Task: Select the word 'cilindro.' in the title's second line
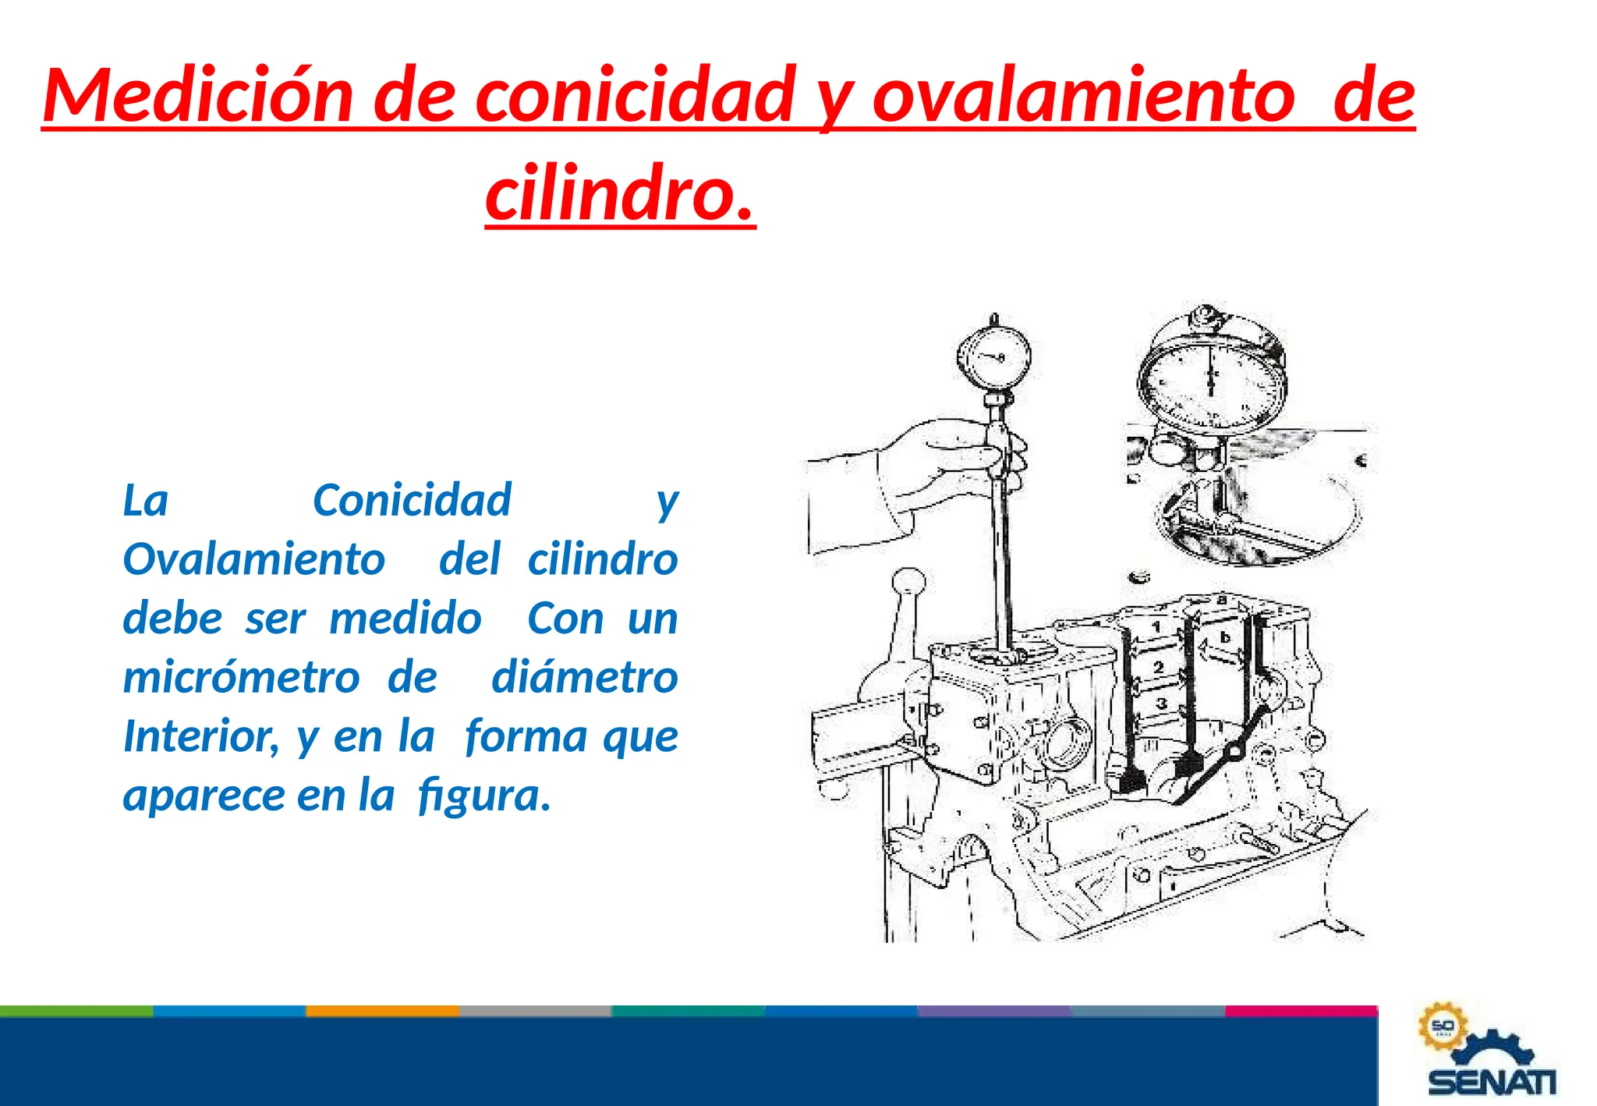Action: (620, 193)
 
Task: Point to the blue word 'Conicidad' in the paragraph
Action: (412, 500)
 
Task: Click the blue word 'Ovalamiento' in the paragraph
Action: (254, 559)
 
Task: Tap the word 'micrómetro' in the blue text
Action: (241, 676)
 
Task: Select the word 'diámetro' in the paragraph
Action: (584, 676)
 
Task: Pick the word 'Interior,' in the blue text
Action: (200, 736)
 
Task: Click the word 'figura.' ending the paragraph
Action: (484, 795)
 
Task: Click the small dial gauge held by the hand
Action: (993, 357)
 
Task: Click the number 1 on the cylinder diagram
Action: (1156, 626)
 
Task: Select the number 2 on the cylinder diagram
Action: (1159, 667)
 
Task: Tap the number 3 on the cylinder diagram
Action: (1160, 704)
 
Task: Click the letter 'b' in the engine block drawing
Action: (1225, 637)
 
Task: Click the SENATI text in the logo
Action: (1492, 1082)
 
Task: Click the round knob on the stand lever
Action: (908, 582)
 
